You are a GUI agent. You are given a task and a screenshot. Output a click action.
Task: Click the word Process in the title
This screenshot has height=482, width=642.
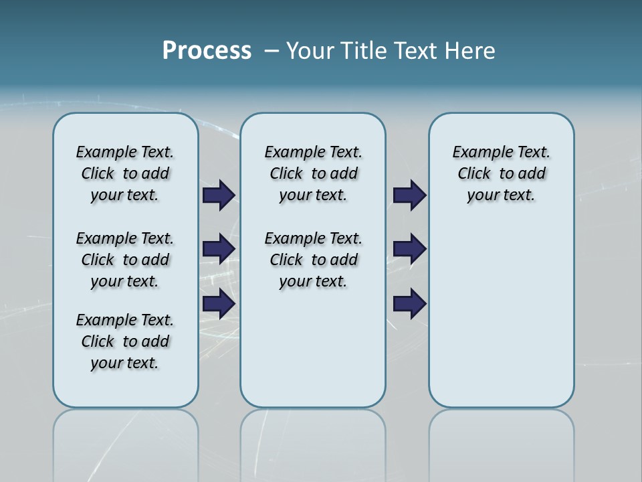[x=207, y=51]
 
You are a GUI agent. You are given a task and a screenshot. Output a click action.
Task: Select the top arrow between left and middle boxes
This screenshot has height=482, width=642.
[x=219, y=195]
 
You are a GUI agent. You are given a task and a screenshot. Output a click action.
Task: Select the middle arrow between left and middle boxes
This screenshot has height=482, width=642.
[x=219, y=249]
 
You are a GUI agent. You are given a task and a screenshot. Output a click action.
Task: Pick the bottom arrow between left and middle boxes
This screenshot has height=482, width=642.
[x=219, y=304]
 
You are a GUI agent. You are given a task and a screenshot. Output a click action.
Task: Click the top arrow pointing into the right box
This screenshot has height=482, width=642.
[x=409, y=195]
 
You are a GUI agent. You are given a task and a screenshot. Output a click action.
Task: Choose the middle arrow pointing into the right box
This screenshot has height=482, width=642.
[x=409, y=249]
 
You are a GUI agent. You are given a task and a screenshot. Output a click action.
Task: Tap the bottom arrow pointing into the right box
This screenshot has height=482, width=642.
[x=409, y=304]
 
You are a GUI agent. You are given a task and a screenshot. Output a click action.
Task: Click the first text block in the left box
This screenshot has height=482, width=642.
[x=125, y=173]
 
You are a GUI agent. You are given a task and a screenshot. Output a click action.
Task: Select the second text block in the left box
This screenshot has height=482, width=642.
[x=125, y=260]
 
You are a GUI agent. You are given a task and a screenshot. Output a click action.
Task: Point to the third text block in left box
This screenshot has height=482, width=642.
[x=125, y=341]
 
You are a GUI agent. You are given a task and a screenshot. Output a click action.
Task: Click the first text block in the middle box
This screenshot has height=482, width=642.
[x=314, y=173]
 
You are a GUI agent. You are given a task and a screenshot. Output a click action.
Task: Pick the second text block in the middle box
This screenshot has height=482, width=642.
[x=314, y=260]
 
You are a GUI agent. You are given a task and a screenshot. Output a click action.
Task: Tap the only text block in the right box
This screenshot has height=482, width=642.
[x=502, y=173]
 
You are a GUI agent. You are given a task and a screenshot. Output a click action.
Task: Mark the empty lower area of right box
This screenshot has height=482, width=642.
[x=502, y=321]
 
